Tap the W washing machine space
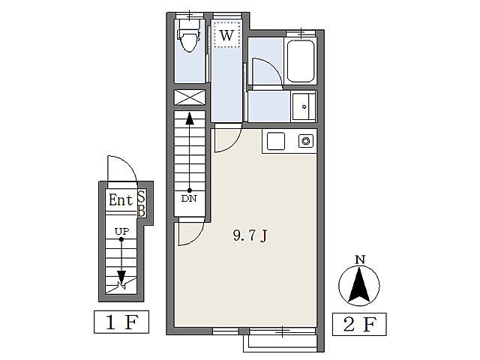[x=226, y=35]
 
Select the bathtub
[x=301, y=61]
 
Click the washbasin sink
[x=303, y=106]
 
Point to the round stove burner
[x=305, y=141]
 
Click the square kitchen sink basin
[x=276, y=141]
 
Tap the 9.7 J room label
[x=250, y=235]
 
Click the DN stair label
[x=189, y=199]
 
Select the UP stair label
[x=121, y=231]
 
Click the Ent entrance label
[x=121, y=200]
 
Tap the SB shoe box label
[x=142, y=203]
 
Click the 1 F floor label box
[x=121, y=322]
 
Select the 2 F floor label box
[x=359, y=324]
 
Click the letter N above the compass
[x=360, y=260]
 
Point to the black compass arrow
[x=359, y=284]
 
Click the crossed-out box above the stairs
[x=190, y=97]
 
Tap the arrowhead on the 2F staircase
[x=190, y=118]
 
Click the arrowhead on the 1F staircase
[x=121, y=277]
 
